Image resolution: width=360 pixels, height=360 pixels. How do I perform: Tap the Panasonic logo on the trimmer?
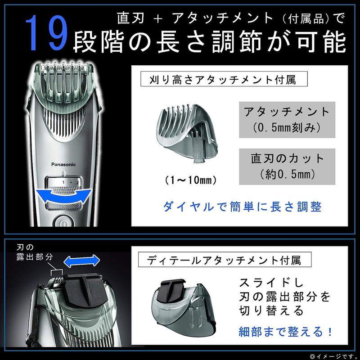pos(63,164)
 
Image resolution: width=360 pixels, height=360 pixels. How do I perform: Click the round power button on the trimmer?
pos(63,221)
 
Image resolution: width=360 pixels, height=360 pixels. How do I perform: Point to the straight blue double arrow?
pos(81,261)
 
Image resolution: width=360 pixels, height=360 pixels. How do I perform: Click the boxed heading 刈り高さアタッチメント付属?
pos(224,79)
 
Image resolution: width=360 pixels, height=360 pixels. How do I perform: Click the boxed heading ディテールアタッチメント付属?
pos(225,260)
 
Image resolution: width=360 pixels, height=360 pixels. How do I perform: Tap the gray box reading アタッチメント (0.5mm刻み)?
pos(287,120)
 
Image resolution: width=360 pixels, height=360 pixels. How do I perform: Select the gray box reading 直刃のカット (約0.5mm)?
pos(287,166)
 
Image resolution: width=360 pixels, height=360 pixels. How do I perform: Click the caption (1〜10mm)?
pos(190,180)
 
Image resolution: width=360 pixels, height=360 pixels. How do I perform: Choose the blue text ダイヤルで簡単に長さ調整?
pos(243,207)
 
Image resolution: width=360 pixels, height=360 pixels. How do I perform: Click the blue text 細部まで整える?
pos(285,332)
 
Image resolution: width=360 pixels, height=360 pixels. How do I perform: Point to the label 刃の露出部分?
pos(35,252)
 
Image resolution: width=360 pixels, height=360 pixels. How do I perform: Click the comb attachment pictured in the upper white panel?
pos(187,133)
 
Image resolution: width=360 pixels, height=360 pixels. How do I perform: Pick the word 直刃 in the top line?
pos(130,18)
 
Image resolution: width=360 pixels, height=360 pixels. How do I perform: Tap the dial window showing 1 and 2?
pos(64,182)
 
